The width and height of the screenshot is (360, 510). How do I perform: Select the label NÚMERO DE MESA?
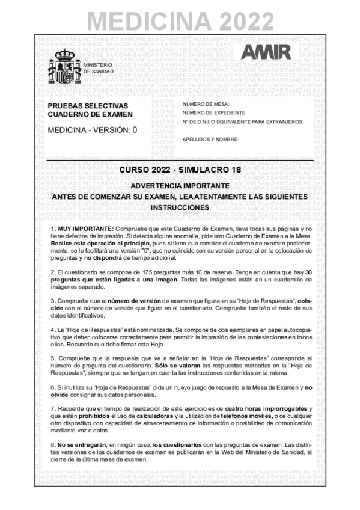coord(206,104)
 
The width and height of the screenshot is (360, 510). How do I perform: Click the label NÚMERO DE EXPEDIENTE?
coord(214,112)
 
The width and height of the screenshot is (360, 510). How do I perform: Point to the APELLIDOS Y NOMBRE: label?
coord(210,138)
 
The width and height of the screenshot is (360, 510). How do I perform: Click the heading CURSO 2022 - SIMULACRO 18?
coord(180,170)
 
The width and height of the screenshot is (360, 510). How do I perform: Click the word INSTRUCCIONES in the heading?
coord(180,207)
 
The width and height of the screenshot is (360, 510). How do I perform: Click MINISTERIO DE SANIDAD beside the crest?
coord(97,67)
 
